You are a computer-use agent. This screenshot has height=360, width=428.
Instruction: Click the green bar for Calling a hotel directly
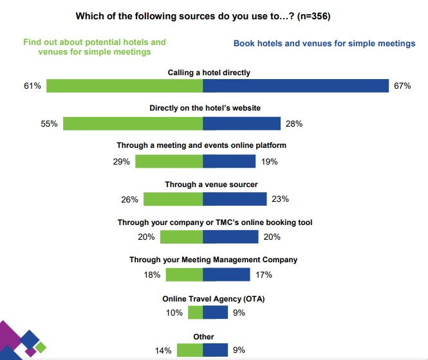[124, 85]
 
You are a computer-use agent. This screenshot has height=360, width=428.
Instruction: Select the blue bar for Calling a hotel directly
[295, 85]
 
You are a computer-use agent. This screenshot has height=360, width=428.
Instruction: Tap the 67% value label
[402, 85]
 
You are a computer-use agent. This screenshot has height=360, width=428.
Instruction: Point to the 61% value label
[33, 85]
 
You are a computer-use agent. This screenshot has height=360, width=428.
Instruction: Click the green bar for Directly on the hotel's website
[133, 123]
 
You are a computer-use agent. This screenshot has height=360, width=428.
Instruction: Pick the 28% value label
[294, 123]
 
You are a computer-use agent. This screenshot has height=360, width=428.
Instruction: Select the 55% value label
[50, 123]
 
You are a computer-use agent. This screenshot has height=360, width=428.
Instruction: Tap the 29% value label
[122, 161]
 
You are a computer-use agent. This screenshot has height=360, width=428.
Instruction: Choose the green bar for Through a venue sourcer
[173, 199]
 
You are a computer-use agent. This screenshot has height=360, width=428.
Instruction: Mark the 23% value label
[280, 199]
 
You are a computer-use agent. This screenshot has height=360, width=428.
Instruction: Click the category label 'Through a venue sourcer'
[202, 184]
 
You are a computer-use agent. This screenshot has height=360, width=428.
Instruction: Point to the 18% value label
[153, 274]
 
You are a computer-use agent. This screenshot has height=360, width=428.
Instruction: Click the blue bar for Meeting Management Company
[226, 274]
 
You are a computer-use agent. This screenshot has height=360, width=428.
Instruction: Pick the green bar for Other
[190, 350]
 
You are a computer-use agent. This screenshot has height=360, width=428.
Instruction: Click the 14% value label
[163, 350]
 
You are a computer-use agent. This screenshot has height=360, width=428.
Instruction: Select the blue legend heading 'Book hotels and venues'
[324, 44]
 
